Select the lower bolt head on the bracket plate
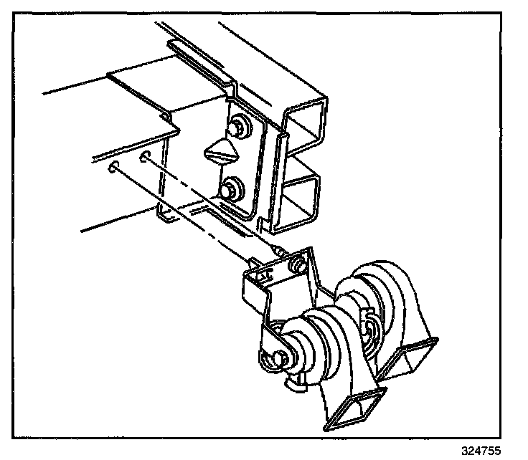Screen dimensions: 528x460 point(232,191)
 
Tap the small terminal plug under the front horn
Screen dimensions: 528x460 point(294,383)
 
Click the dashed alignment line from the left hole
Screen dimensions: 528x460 point(179,215)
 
